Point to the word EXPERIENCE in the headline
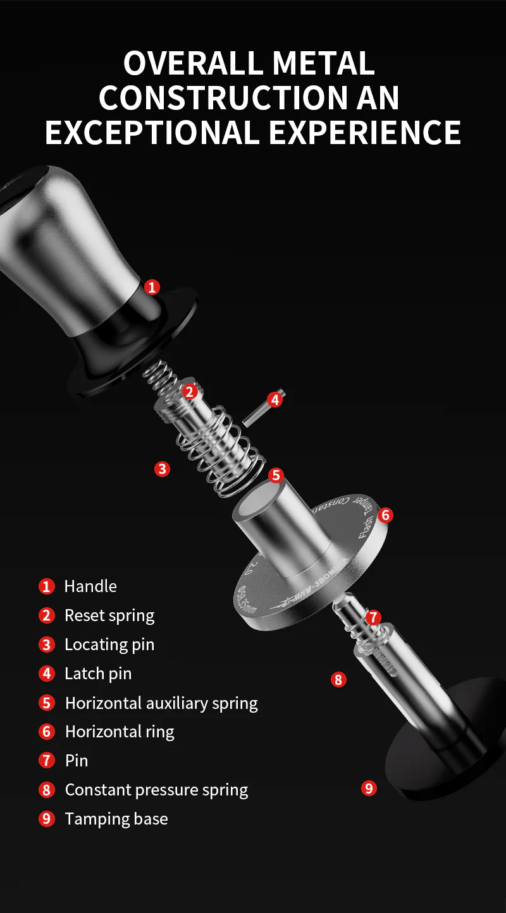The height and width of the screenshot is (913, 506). [365, 132]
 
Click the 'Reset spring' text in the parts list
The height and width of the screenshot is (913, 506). [109, 615]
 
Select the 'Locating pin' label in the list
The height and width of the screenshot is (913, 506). [109, 644]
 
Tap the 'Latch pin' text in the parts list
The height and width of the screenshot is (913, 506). [98, 674]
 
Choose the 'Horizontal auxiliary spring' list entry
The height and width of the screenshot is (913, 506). [161, 703]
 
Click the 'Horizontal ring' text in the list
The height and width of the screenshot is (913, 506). [120, 732]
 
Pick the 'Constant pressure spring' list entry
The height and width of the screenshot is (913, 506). [156, 790]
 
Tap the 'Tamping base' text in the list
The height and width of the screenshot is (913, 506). [116, 819]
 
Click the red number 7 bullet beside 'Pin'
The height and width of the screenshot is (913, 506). [47, 760]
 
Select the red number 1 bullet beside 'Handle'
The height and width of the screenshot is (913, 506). [47, 586]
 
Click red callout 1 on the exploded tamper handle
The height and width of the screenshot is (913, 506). [152, 287]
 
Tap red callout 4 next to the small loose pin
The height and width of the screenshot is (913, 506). [274, 399]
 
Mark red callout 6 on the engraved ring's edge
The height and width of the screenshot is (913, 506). [385, 515]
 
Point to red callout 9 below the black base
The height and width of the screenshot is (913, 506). [369, 788]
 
